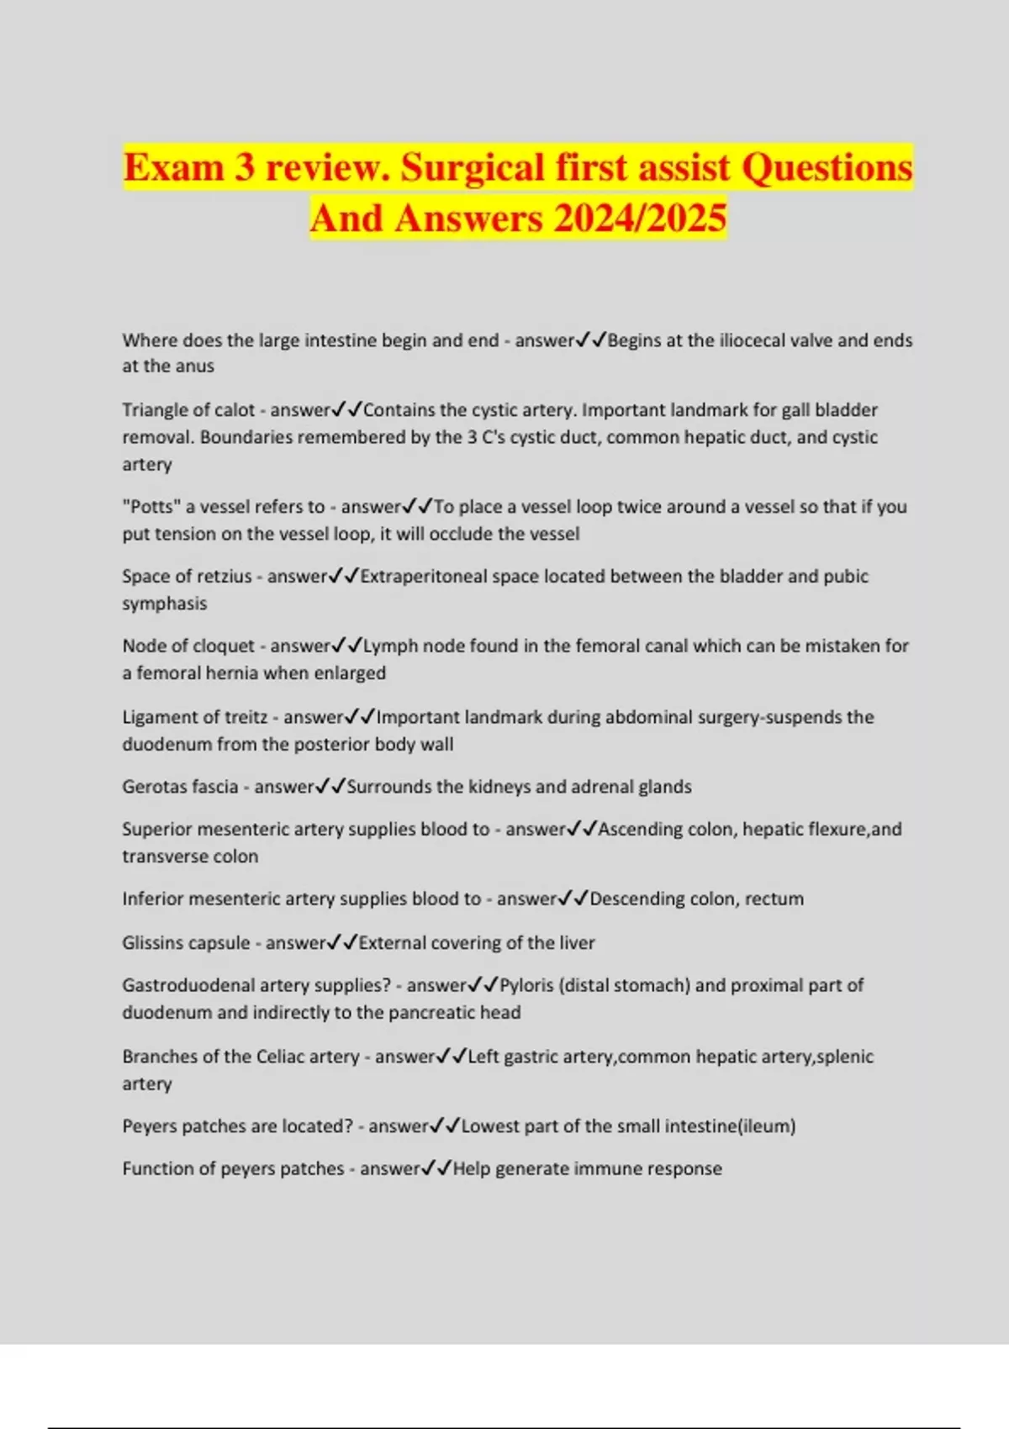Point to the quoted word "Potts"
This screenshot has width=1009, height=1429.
tap(151, 507)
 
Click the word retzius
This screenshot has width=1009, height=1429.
tap(224, 577)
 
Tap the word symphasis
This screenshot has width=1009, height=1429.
tap(164, 604)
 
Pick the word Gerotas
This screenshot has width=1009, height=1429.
tap(152, 787)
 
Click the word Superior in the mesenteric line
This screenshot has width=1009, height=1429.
tap(156, 829)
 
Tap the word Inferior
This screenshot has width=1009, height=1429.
tap(152, 899)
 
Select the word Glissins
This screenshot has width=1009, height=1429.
tap(152, 943)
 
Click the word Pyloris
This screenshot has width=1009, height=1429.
tap(526, 985)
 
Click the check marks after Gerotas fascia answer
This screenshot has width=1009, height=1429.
tap(330, 787)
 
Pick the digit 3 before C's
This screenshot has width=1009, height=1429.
tap(472, 437)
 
